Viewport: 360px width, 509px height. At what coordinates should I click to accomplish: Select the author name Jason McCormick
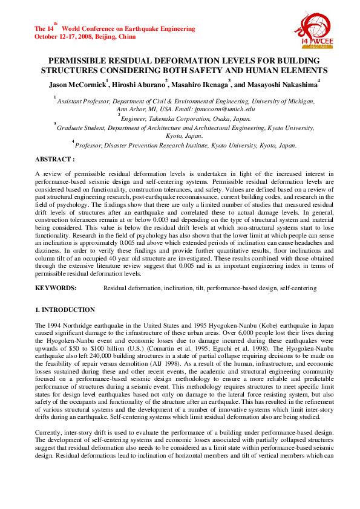coord(77,85)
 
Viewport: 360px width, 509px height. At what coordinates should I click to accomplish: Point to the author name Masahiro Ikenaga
coord(200,85)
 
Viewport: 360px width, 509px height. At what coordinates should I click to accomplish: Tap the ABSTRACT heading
coord(54,159)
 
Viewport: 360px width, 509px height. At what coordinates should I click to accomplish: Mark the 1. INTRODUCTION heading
coord(65,310)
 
